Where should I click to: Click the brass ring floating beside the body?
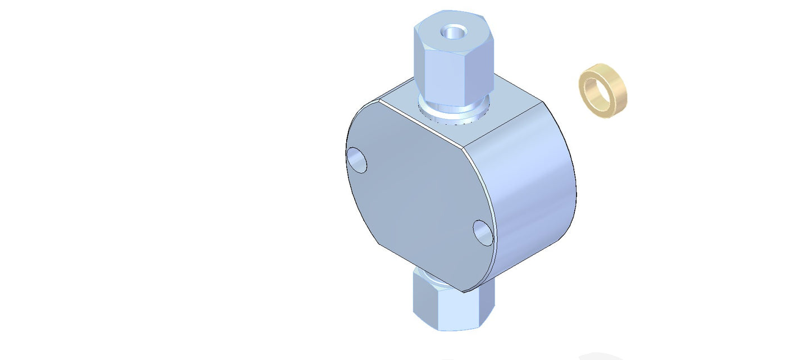(603, 90)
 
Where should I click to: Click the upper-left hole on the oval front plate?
(356, 160)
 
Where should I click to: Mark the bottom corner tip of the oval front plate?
(463, 291)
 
